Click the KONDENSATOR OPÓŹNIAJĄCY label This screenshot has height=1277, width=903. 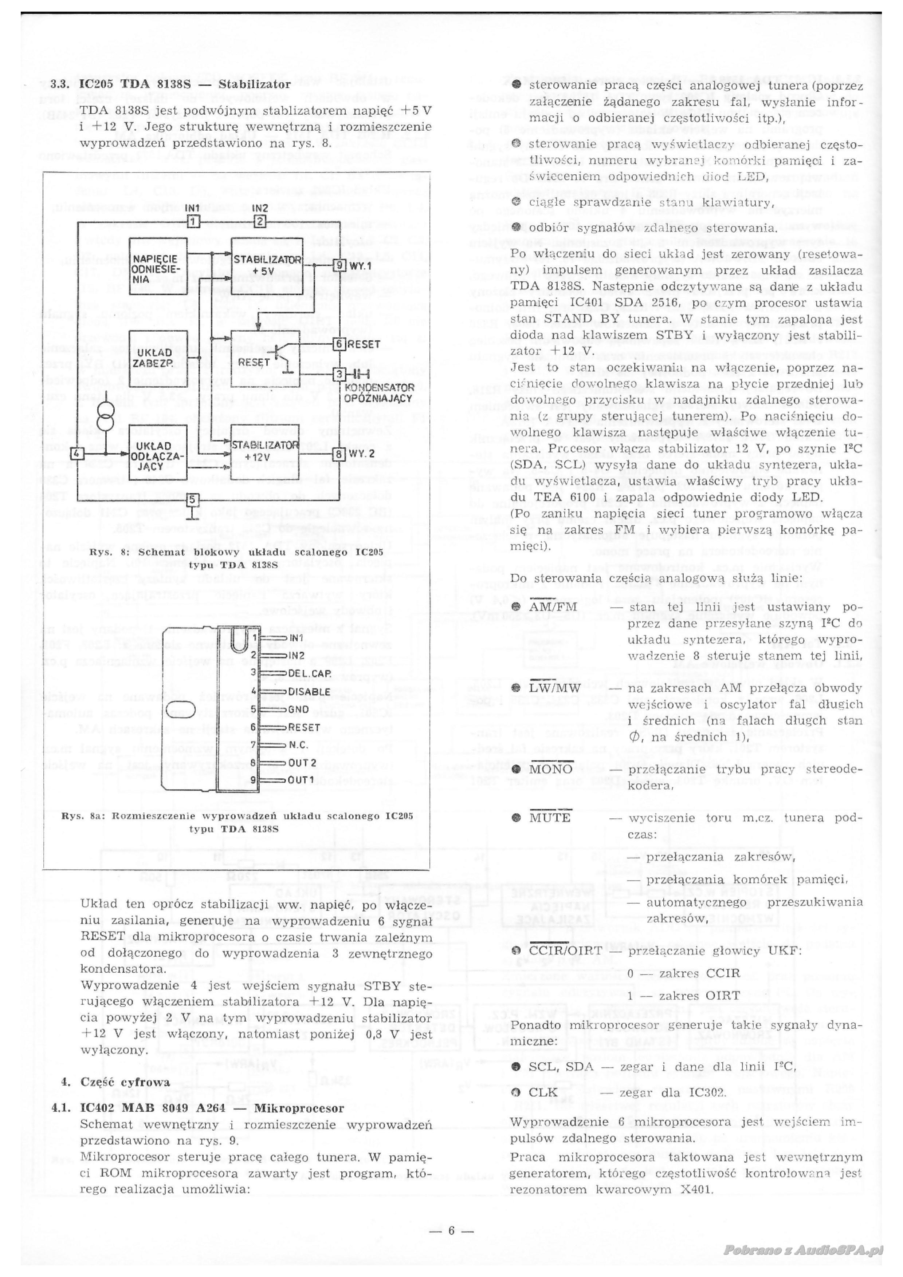pyautogui.click(x=378, y=393)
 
